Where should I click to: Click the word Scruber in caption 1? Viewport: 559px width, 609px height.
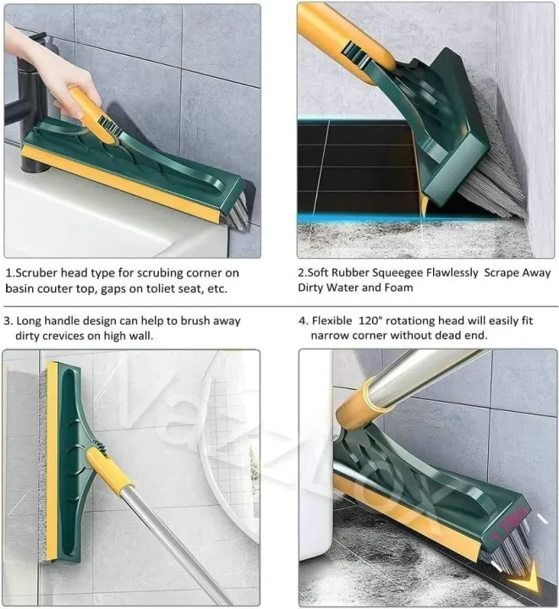[x=41, y=272]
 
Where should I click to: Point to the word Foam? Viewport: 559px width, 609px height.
[x=397, y=288]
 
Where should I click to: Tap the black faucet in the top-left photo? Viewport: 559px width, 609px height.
[x=25, y=101]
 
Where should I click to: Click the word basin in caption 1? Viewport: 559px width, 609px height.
[x=21, y=288]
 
